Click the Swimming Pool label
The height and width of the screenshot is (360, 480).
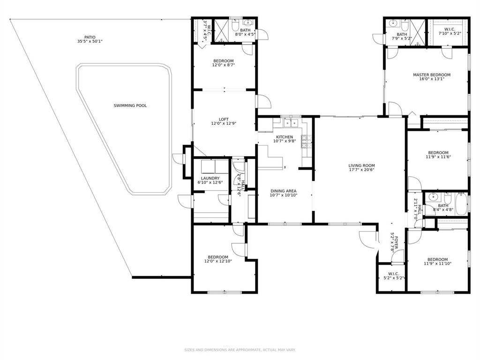[130, 105]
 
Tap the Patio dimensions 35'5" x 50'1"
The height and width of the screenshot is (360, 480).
[90, 41]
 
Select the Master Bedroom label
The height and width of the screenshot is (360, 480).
[432, 75]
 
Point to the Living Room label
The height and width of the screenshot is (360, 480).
[361, 165]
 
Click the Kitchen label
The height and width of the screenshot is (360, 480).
[285, 137]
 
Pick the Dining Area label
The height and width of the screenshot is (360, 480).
[283, 191]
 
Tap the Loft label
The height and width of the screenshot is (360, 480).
[224, 120]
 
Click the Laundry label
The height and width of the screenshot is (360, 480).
[210, 178]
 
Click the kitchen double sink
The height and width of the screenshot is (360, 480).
[291, 123]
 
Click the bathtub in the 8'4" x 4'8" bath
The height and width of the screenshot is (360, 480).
[461, 203]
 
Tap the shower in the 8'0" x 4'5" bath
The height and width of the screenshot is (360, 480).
[221, 30]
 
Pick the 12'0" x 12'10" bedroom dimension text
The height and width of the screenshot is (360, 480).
[218, 262]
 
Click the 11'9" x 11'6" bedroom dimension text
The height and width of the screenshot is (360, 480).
[438, 157]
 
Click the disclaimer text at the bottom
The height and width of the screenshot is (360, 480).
[240, 350]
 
